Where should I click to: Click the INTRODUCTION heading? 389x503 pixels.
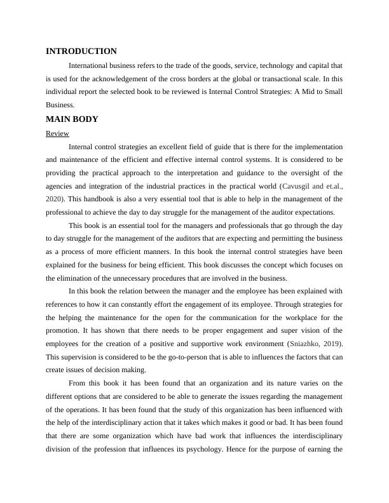point(81,51)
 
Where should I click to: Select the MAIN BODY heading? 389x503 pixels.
point(72,119)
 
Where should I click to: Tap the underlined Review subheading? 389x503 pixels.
point(57,133)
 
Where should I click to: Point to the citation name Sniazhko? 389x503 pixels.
point(306,344)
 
